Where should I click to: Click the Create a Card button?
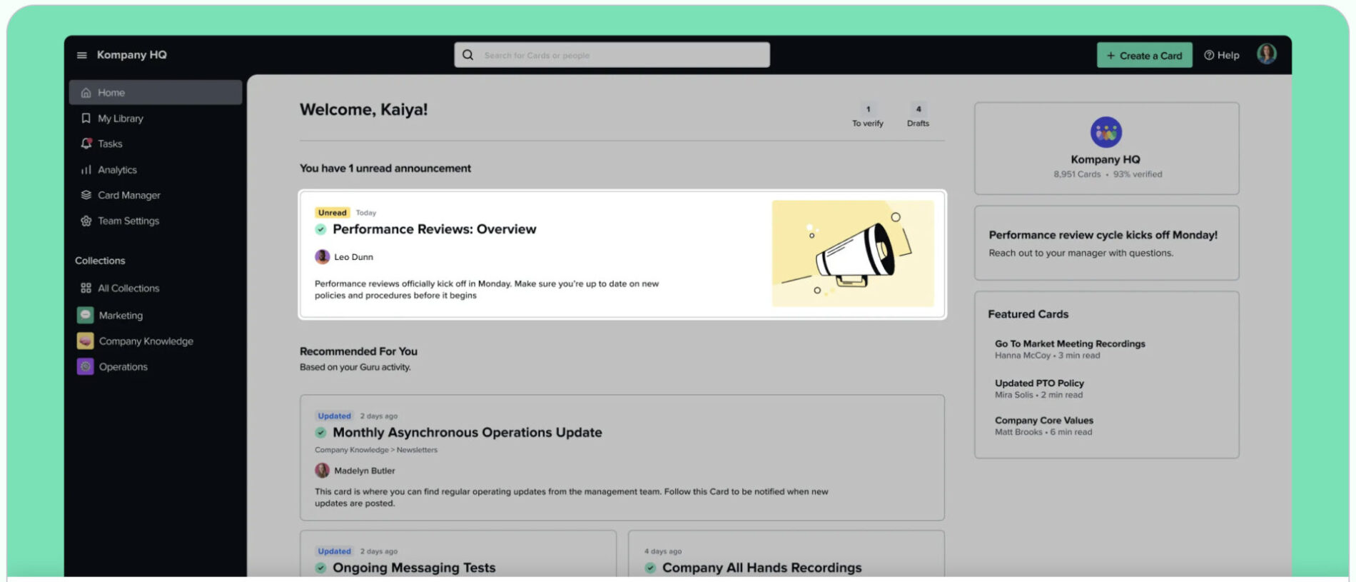[x=1144, y=56]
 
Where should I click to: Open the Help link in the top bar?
[x=1222, y=56]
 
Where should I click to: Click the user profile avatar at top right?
[x=1266, y=54]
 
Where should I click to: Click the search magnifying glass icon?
[x=467, y=55]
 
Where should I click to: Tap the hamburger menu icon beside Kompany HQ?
[x=82, y=55]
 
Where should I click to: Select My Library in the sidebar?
[x=120, y=119]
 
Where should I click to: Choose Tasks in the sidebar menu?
[x=110, y=144]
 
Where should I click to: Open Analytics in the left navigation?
[x=117, y=170]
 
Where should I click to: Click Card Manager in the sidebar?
[x=128, y=195]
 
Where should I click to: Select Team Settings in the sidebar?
[x=128, y=221]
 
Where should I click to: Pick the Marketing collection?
[x=121, y=315]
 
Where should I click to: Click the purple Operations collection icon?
[x=86, y=366]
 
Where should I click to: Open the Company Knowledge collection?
[x=146, y=341]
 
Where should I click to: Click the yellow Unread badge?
[x=332, y=213]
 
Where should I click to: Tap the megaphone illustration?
[x=853, y=254]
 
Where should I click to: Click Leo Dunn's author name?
[x=353, y=257]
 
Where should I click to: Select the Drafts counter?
[x=918, y=116]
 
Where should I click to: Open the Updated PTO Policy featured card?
[x=1039, y=383]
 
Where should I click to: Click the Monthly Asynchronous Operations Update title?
[x=467, y=433]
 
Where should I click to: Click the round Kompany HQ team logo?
[x=1105, y=132]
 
